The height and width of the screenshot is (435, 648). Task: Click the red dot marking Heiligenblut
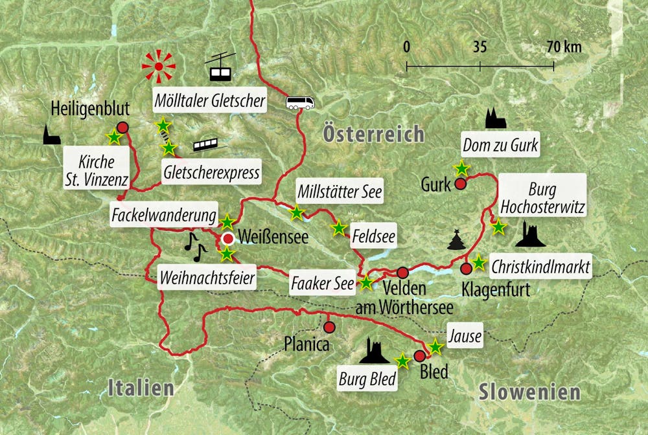pyautogui.click(x=122, y=128)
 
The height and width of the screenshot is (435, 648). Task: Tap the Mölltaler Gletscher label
pyautogui.click(x=209, y=101)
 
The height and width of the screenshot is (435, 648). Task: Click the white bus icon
pyautogui.click(x=300, y=102)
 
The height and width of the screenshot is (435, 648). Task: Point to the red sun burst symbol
pyautogui.click(x=159, y=65)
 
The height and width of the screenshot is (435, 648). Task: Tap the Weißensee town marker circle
pyautogui.click(x=228, y=239)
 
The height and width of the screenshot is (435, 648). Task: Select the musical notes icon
pyautogui.click(x=194, y=243)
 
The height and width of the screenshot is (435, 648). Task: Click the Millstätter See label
pyautogui.click(x=339, y=192)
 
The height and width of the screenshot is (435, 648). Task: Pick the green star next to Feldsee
pyautogui.click(x=338, y=228)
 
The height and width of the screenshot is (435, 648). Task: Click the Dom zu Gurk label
pyautogui.click(x=499, y=146)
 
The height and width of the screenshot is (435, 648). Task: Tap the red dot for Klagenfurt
pyautogui.click(x=466, y=268)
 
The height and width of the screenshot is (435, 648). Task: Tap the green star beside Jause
pyautogui.click(x=435, y=348)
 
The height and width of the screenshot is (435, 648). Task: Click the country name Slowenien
pyautogui.click(x=529, y=392)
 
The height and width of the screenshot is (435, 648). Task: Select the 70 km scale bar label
pyautogui.click(x=563, y=47)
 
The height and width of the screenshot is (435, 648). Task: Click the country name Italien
pyautogui.click(x=141, y=388)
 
